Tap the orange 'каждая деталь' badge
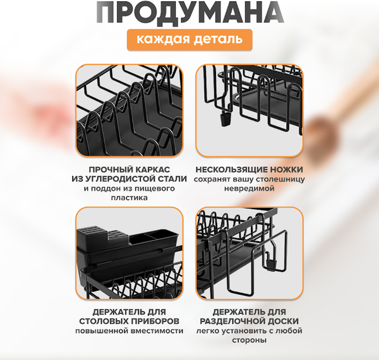189,40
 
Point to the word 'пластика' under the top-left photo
128,198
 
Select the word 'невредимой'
249,188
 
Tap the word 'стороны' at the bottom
249,340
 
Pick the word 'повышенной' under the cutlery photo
102,331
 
